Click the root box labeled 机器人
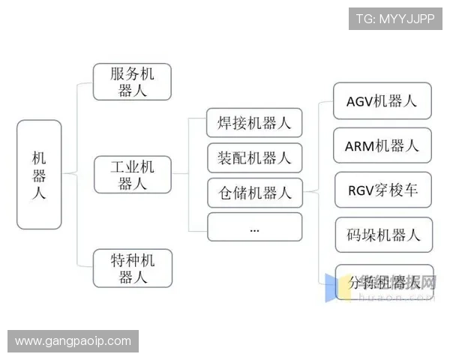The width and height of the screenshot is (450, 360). [39, 174]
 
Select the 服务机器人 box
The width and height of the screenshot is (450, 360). [132, 82]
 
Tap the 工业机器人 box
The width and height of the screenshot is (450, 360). [132, 174]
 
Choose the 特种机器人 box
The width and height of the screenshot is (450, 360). [132, 268]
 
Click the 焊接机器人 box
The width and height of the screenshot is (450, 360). [254, 123]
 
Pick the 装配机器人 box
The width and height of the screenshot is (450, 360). [254, 158]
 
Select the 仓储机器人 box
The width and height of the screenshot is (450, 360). [254, 192]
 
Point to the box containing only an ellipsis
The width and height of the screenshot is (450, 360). [254, 227]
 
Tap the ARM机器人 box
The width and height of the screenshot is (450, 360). [383, 145]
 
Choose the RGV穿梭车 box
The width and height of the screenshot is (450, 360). [383, 190]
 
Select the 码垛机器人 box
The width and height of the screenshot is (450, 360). [383, 235]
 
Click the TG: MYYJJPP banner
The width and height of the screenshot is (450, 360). [395, 18]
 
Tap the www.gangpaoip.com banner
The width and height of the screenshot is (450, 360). [73, 341]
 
